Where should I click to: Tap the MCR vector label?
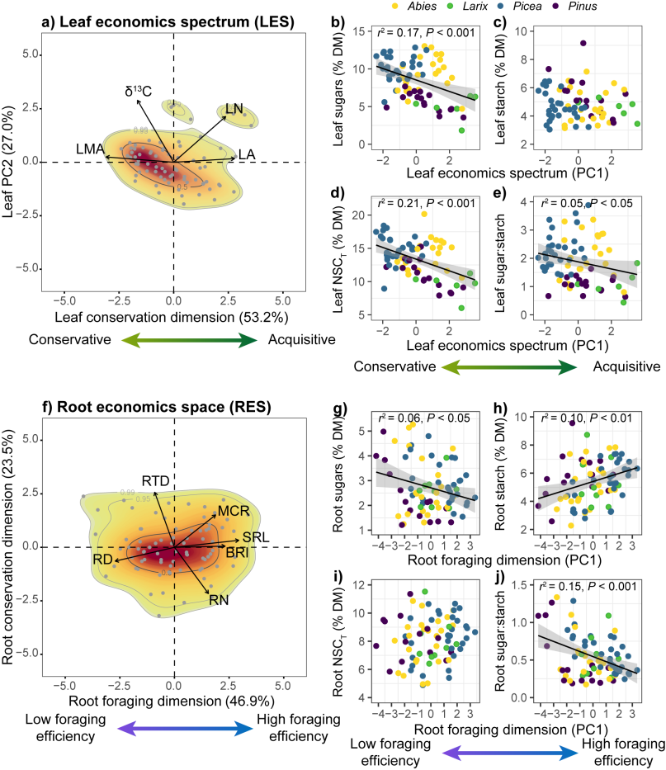coord(234,512)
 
